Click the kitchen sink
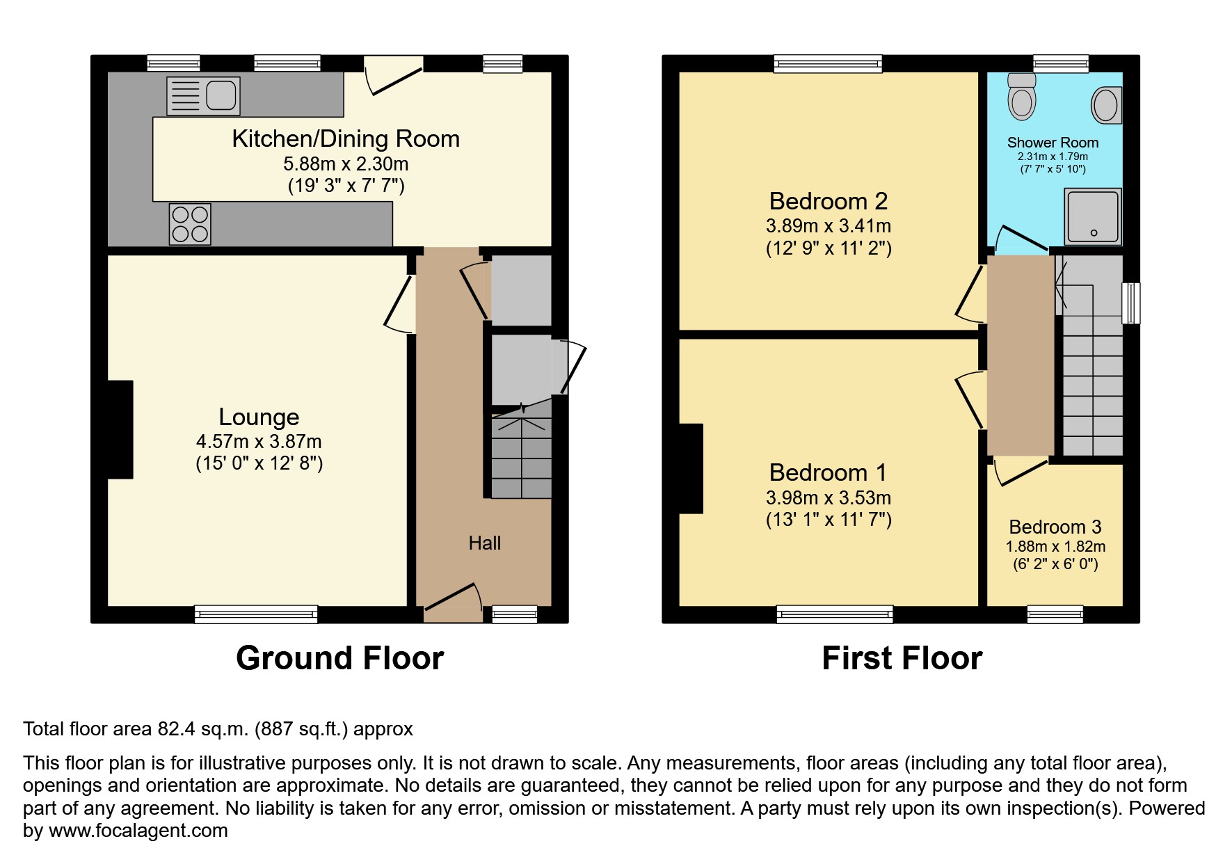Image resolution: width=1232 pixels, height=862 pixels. [x=203, y=96]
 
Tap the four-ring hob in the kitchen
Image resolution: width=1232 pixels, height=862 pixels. [x=190, y=224]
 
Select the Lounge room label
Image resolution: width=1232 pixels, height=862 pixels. [x=259, y=417]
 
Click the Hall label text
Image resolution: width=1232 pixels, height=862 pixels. [x=484, y=543]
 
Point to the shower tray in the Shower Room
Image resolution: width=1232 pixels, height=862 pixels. [x=1094, y=216]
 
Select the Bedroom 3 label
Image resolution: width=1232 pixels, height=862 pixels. [x=1055, y=527]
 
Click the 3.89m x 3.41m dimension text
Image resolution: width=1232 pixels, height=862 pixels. [x=828, y=226]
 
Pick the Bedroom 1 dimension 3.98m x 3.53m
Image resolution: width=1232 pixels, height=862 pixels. [x=828, y=498]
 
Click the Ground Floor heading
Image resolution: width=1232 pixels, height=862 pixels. [x=339, y=658]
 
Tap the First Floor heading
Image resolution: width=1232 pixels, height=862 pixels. [x=902, y=658]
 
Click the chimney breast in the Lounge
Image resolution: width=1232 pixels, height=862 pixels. [x=120, y=429]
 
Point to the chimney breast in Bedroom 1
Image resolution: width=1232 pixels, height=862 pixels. [x=691, y=468]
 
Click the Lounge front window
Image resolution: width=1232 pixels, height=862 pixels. [x=256, y=614]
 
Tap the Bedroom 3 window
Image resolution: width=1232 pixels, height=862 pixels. [x=1055, y=614]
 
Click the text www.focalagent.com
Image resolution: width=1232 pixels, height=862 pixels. [x=138, y=831]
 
